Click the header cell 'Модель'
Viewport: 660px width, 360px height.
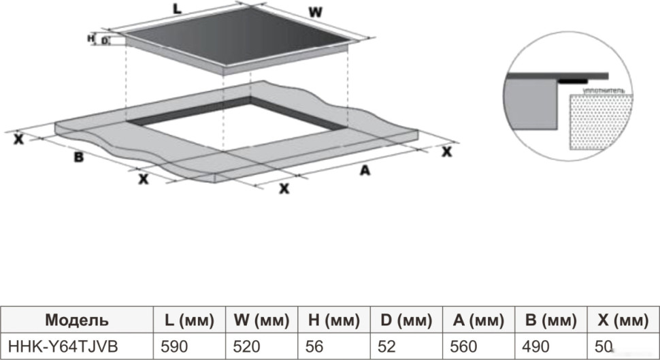pos(76,320)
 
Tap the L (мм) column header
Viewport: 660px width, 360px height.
pos(189,320)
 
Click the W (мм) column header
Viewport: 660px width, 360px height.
pos(262,320)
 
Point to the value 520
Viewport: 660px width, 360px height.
pos(246,346)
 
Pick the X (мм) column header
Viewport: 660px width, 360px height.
pos(621,320)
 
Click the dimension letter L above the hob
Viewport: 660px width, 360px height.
pos(177,9)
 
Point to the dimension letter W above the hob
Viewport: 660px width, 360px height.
pos(314,13)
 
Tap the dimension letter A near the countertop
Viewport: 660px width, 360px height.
pos(365,171)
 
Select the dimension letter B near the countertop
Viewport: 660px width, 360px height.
pos(79,158)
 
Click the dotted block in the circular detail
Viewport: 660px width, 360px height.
pos(599,122)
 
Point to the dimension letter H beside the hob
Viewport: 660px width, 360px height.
pos(90,39)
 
